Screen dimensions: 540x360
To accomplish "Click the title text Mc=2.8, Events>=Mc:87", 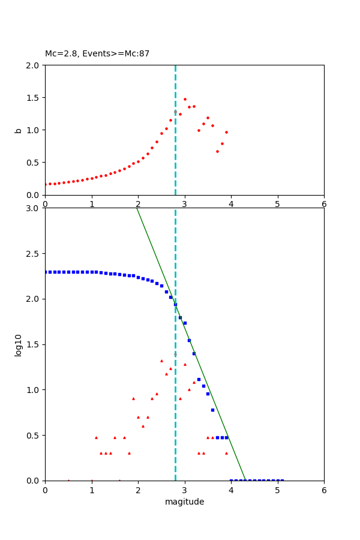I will tap(97, 54).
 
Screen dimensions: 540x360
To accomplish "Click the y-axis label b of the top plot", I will tap(19, 130).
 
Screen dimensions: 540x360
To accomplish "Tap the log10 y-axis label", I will tap(19, 345).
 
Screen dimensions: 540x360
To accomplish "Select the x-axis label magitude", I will tap(184, 502).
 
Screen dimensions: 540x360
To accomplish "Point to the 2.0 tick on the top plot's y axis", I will tap(34, 65).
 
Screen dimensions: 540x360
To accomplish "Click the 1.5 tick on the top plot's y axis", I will tap(34, 98).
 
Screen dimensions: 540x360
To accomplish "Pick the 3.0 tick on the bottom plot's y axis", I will tap(34, 208).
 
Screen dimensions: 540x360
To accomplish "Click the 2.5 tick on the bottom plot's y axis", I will tap(34, 254).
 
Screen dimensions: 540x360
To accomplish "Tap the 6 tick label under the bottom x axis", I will tap(324, 490).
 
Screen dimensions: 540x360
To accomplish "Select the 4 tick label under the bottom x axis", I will tap(231, 490).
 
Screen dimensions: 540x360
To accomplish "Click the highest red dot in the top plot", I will tap(185, 99).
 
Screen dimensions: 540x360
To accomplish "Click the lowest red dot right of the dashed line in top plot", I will tap(217, 151).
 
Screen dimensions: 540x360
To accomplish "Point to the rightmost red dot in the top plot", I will tap(226, 132).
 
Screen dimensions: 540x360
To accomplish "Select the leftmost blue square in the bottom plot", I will tap(46, 272).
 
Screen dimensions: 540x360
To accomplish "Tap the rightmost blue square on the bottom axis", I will tap(282, 480).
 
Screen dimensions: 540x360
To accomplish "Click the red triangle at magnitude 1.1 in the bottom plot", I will tap(96, 437).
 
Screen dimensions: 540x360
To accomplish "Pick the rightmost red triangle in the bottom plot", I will tap(226, 453).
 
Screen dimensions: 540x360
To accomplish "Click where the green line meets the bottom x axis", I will tap(245, 480).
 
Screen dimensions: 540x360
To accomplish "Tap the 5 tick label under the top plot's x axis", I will tap(278, 203).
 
